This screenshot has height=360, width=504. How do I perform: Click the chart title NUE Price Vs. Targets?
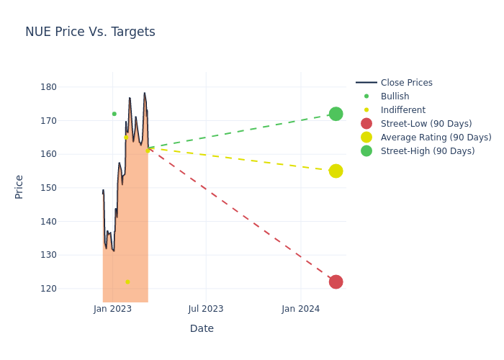pos(90,32)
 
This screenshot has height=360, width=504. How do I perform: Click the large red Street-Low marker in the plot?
pos(336,282)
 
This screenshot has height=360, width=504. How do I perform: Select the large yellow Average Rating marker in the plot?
pos(336,171)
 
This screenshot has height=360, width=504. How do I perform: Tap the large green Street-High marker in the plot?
pos(336,114)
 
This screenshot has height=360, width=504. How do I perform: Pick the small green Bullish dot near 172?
pos(114,114)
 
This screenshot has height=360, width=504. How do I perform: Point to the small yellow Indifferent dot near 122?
pos(127,282)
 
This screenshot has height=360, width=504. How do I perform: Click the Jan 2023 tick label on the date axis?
pos(112,309)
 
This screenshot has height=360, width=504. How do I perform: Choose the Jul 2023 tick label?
pos(206,309)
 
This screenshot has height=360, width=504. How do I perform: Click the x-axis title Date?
pos(202,328)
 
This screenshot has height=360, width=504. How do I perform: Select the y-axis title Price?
pos(19,186)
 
